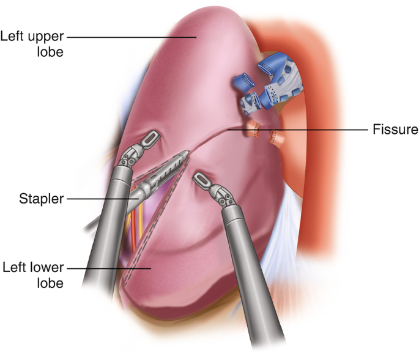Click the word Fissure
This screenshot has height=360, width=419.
395,130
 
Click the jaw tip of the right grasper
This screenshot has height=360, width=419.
199,178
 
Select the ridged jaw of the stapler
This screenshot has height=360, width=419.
165,168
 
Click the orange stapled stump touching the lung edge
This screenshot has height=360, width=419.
258,129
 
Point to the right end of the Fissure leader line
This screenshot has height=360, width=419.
364,130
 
